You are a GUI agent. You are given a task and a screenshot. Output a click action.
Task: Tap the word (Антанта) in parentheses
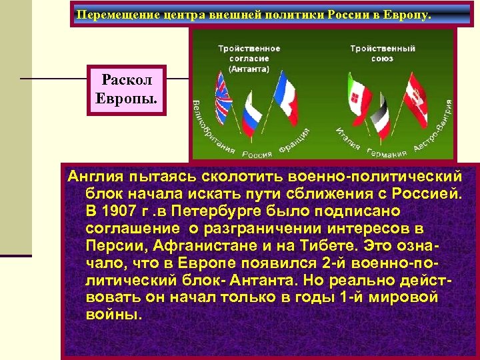point(249,68)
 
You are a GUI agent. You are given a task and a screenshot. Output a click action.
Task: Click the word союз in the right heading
point(382,59)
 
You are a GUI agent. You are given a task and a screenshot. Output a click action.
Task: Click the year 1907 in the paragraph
point(116,211)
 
